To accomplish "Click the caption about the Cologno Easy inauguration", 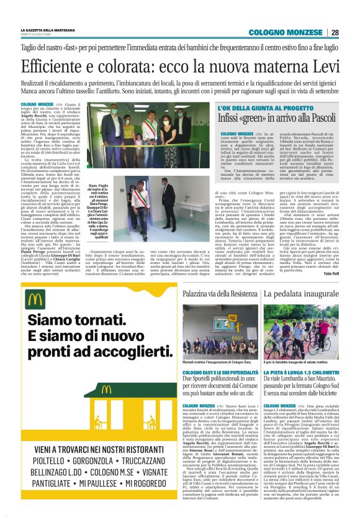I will [x=219, y=362].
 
